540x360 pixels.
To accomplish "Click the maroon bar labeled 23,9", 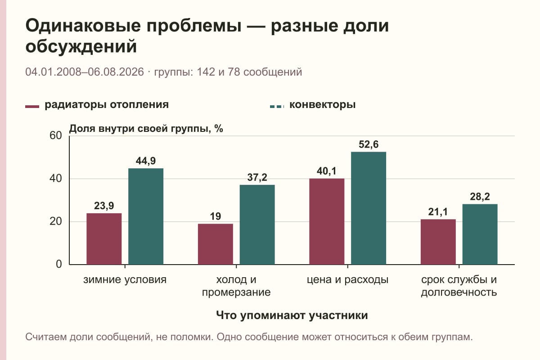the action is coord(104,238).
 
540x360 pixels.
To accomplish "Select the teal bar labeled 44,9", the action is coord(146,216).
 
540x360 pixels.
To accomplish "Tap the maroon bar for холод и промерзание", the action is coord(215,244).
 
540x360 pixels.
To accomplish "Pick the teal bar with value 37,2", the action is coord(257,225).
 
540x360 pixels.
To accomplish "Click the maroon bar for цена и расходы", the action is coord(327,221).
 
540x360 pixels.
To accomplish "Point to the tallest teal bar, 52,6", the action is coord(369,208).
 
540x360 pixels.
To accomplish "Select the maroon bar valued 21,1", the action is coord(438,242).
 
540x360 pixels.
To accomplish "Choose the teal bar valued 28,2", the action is coord(480,234).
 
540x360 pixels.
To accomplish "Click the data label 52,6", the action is coord(369,144).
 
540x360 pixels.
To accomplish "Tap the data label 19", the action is coord(215,216).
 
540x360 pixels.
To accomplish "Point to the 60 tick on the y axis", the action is coord(56,135).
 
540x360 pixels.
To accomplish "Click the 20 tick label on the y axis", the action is coord(56,221).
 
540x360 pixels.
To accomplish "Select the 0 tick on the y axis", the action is coord(59,264).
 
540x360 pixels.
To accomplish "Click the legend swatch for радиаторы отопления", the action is coord(32,107).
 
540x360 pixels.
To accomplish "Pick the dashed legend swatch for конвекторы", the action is coord(277,106).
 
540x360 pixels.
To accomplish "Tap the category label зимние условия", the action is coord(125,280).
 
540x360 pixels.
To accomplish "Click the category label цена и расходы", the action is coord(347,280).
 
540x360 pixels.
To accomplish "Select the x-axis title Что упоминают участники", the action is coord(292,315).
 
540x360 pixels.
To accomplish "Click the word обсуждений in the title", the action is coord(81,46).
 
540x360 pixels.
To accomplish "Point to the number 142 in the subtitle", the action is coord(206,72).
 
